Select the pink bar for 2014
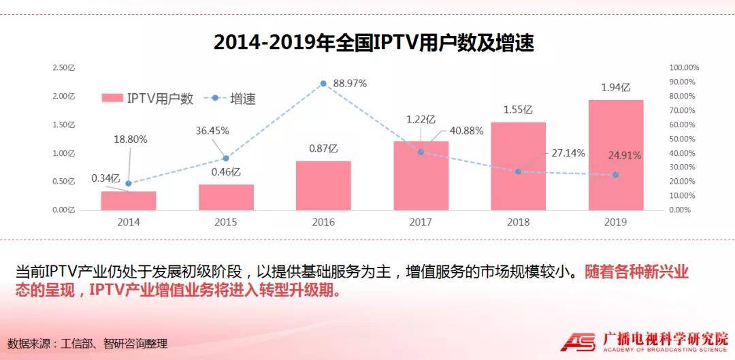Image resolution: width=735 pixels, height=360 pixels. [x=129, y=200]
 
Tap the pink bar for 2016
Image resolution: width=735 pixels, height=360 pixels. [x=323, y=185]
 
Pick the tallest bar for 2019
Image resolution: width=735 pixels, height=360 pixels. [x=616, y=154]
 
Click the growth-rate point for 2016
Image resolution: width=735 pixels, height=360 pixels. [x=323, y=84]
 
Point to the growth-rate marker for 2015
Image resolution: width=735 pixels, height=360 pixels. [x=226, y=158]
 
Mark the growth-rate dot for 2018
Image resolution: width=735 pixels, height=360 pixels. [x=518, y=171]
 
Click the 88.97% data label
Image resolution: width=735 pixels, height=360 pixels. [x=348, y=84]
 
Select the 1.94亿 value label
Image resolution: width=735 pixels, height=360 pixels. [x=616, y=88]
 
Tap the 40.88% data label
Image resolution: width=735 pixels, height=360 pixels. [x=468, y=131]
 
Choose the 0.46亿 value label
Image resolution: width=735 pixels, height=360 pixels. [x=226, y=172]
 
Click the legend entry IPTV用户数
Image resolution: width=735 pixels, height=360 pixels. [x=148, y=98]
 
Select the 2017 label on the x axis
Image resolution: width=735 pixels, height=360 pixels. [x=421, y=223]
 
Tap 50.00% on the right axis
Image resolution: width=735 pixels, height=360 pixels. [x=683, y=139]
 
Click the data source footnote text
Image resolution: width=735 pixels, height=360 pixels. [x=87, y=344]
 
